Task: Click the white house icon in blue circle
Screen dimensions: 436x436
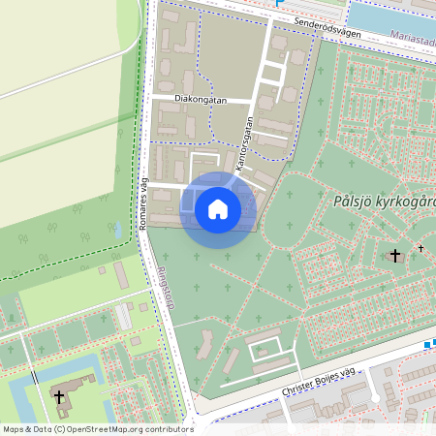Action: (x=218, y=209)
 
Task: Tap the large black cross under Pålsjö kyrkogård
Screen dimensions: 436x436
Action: (x=393, y=256)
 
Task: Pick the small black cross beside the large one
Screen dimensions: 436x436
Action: (x=420, y=248)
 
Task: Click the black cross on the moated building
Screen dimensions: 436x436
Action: (x=57, y=397)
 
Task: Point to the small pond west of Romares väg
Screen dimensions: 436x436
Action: (x=116, y=231)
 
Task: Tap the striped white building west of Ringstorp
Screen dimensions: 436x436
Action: (x=124, y=316)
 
